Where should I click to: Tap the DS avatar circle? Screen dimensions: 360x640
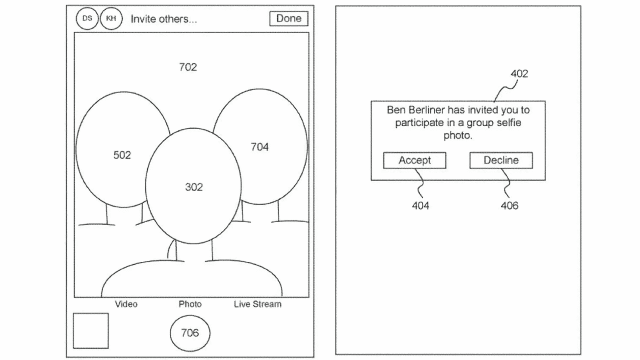(x=87, y=18)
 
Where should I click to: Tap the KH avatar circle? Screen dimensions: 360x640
(x=111, y=18)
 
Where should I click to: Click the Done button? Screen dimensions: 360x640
(x=288, y=18)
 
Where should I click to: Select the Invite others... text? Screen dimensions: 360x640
(x=163, y=19)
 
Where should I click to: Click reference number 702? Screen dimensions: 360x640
(x=188, y=67)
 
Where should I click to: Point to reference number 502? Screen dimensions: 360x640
(x=122, y=155)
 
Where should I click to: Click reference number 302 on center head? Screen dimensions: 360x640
(x=194, y=187)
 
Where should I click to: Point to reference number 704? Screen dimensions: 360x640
(x=259, y=146)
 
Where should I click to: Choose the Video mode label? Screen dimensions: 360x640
(x=126, y=304)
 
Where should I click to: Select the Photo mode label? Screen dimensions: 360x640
(x=190, y=304)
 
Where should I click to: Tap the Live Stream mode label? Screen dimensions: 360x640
(x=257, y=304)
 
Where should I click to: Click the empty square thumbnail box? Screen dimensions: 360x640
(x=90, y=330)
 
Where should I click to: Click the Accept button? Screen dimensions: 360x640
(x=414, y=160)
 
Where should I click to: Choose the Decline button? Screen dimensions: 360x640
(x=501, y=160)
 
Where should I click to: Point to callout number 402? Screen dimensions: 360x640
(x=519, y=74)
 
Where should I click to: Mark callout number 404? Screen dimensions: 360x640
(x=420, y=205)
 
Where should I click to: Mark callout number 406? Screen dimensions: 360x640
(x=509, y=205)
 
